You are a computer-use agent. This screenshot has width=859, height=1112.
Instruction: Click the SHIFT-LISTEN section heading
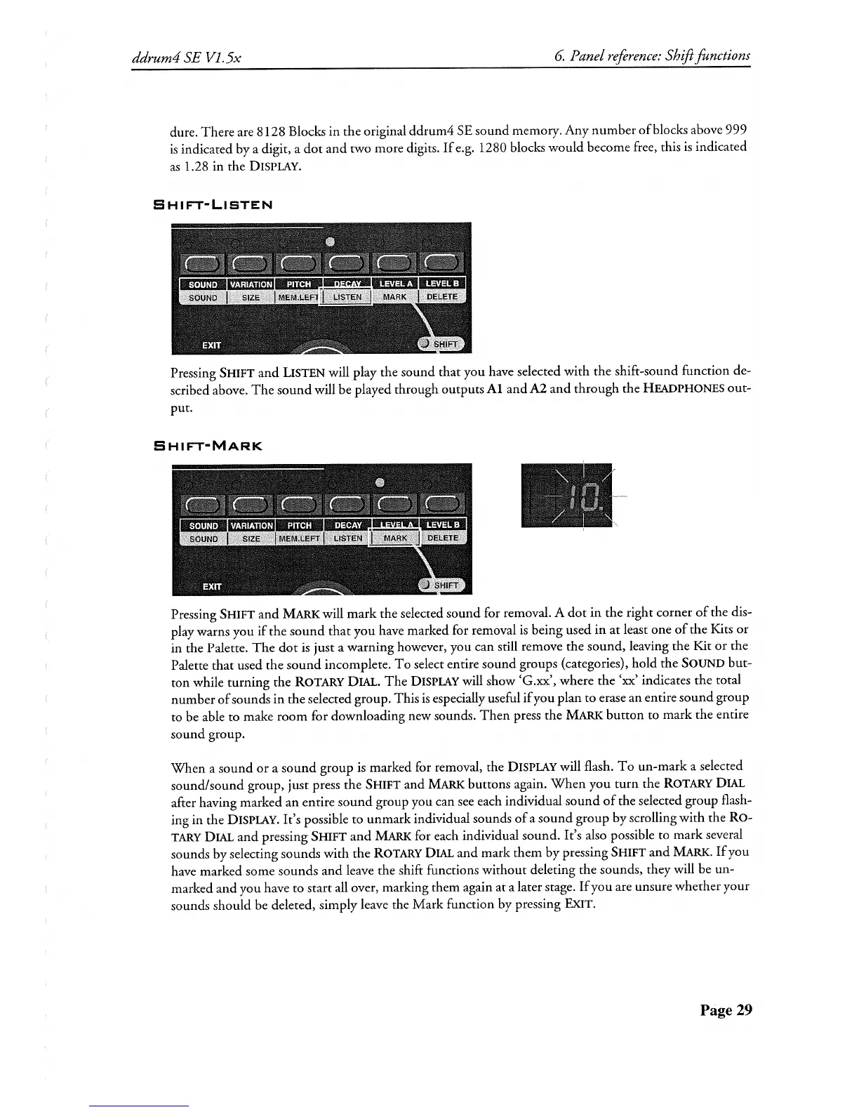point(212,205)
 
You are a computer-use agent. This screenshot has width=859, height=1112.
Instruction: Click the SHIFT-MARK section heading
point(207,446)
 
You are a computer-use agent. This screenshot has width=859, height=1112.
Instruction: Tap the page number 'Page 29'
point(725,1010)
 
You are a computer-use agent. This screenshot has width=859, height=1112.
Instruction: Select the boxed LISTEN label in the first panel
point(347,297)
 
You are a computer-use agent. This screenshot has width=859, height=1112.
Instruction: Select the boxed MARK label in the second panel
point(395,538)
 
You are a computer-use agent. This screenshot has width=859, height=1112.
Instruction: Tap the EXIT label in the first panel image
point(211,345)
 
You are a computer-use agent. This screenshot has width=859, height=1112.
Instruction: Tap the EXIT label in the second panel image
point(211,585)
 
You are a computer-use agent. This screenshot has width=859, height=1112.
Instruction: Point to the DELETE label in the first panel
point(442,297)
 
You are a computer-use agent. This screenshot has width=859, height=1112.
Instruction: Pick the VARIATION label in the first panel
point(251,284)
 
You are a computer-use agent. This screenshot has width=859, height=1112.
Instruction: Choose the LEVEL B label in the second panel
point(443,525)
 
